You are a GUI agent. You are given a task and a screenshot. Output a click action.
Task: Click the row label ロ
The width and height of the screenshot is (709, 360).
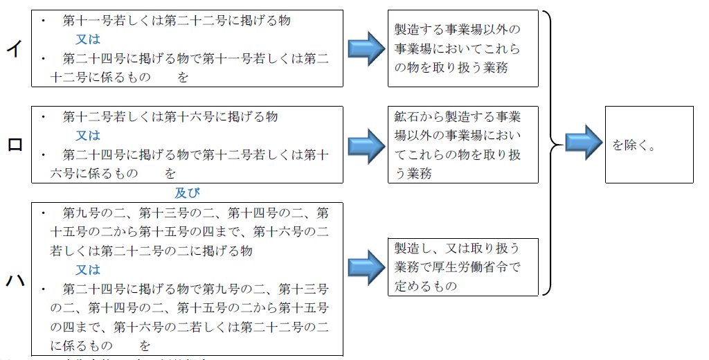(14, 145)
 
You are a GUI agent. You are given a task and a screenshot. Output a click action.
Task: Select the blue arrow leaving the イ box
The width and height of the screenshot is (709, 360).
(366, 48)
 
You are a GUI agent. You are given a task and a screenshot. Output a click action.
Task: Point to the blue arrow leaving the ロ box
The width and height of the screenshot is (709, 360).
(366, 145)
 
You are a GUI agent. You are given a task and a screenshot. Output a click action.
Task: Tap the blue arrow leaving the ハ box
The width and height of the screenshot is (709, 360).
(366, 267)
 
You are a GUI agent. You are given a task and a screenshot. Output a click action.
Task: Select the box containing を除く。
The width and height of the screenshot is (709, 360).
(649, 145)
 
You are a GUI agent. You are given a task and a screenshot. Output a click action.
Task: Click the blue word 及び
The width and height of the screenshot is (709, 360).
(187, 193)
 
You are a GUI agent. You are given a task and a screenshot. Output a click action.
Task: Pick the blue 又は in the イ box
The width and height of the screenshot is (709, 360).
(88, 39)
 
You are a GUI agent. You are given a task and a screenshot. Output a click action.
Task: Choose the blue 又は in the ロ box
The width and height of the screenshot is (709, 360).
(88, 136)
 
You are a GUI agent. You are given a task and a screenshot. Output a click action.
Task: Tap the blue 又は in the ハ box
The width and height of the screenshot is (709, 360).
(88, 269)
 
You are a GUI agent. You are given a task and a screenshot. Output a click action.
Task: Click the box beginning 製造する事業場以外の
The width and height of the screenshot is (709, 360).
(463, 48)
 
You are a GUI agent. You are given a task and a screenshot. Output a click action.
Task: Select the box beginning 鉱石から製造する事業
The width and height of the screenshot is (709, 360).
(463, 145)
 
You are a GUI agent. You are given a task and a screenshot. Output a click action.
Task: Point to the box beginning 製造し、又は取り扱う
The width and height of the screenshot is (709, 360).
(463, 267)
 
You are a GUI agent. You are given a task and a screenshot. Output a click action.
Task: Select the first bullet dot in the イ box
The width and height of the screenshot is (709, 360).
(43, 21)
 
